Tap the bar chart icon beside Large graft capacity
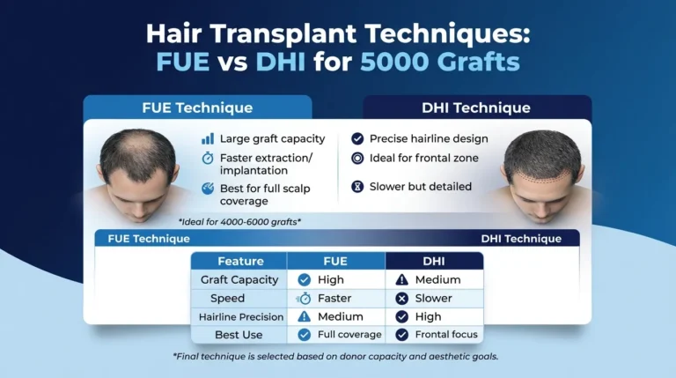point(208,139)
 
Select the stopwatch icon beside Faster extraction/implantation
point(208,159)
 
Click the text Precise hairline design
point(429,139)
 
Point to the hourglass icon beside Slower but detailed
point(356,187)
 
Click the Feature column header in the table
point(240,261)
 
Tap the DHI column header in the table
point(434,261)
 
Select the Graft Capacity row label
point(240,279)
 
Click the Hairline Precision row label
point(240,316)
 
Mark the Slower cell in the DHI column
point(433,298)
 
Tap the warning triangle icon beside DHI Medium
point(401,279)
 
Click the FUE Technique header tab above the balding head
point(197,108)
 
